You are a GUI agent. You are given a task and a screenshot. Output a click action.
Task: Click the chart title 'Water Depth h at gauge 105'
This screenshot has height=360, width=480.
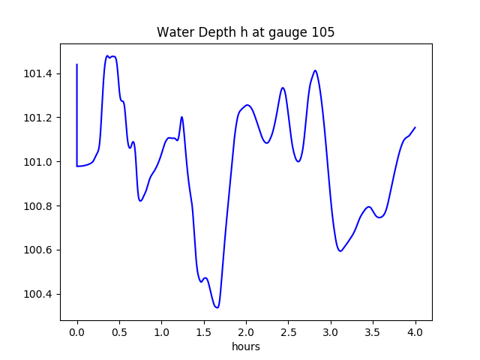[245, 32]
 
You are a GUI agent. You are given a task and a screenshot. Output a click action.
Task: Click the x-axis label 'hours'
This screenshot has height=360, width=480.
[246, 347]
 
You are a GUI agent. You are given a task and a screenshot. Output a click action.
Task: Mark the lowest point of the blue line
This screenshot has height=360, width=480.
[217, 307]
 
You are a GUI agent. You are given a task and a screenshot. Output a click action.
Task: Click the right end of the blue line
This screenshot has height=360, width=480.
[415, 127]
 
